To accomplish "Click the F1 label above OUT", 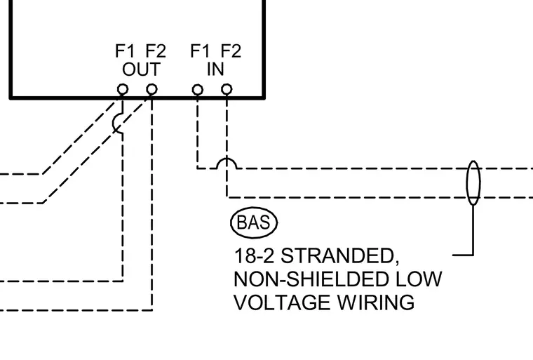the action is click(125, 51).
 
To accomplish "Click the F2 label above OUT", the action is click(156, 51).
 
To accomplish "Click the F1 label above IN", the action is click(200, 51).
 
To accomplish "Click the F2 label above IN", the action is click(231, 51).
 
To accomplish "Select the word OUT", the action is click(141, 69).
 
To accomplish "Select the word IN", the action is click(215, 69).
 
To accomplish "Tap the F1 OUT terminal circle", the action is click(123, 90).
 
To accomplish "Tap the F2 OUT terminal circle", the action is click(151, 90).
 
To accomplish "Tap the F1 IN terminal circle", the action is click(198, 90).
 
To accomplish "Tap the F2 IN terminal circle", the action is click(227, 90).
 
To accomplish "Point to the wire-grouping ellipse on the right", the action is click(467, 183).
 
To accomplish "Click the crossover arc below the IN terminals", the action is click(227, 159).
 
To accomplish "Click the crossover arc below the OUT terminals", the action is click(114, 123).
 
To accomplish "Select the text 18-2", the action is click(254, 256).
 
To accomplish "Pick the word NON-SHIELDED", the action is click(311, 279).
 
